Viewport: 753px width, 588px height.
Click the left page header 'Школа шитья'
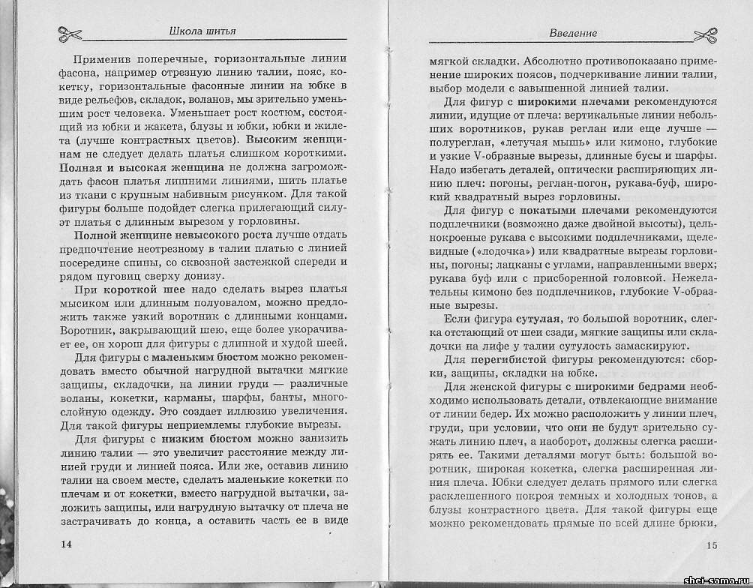pos(205,31)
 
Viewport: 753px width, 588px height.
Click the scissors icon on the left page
pos(69,34)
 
